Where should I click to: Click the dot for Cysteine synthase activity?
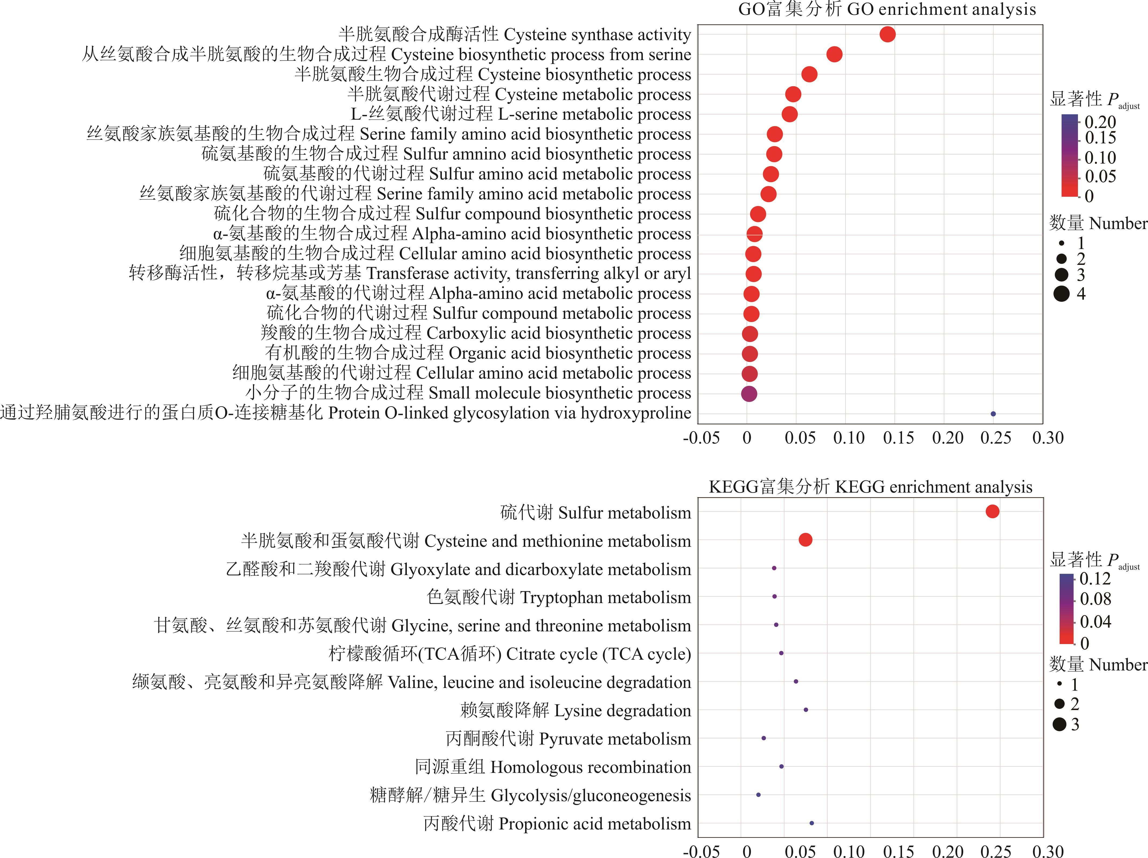point(887,34)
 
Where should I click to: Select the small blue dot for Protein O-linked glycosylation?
point(993,414)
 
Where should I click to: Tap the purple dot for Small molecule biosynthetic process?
point(749,394)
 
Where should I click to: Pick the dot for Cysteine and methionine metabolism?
point(805,540)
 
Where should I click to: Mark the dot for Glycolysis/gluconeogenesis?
point(758,795)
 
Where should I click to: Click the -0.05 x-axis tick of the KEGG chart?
point(701,851)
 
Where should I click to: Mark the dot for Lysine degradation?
point(806,710)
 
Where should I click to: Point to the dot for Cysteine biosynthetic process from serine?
point(834,54)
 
